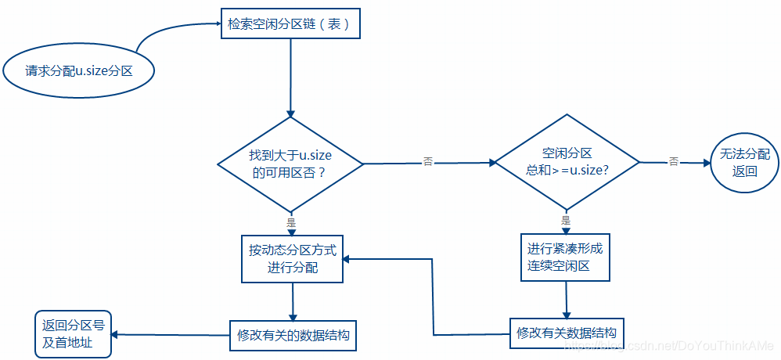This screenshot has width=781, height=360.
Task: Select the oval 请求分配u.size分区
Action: coord(78,71)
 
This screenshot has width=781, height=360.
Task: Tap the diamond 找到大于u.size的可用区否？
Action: coord(290,164)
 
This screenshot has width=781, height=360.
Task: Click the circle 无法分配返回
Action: coord(744,162)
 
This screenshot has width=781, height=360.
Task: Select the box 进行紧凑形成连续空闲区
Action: coord(565,257)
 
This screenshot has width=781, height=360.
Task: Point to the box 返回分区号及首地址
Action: coord(73,333)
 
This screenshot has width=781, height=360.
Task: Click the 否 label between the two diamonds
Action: coord(428,162)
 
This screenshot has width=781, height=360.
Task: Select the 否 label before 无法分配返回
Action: coord(673,161)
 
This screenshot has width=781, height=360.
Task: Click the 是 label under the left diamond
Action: coord(291,222)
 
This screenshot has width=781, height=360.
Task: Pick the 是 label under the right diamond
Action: coord(566,221)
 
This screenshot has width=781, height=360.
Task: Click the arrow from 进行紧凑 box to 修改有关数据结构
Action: coord(567,299)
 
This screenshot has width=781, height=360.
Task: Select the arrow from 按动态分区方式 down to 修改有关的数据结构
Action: coord(293,301)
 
